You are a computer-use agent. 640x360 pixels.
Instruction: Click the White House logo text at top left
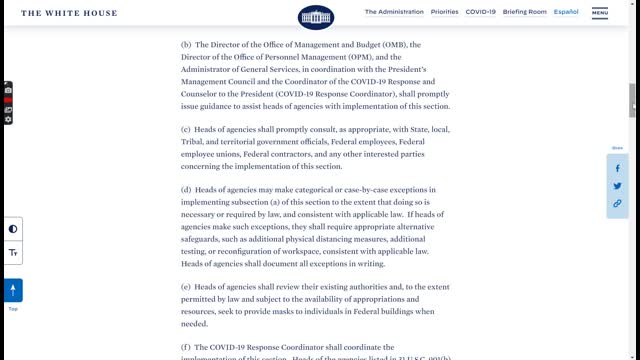click(x=68, y=13)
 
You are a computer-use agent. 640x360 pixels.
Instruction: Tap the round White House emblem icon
click(x=316, y=16)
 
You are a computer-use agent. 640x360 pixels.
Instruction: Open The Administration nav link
click(x=394, y=12)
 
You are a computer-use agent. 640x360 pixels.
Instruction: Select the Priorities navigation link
click(x=444, y=12)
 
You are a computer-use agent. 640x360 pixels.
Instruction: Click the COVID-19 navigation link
click(x=480, y=12)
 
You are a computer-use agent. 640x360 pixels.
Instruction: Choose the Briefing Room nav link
click(x=524, y=12)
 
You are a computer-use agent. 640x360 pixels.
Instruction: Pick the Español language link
click(x=566, y=12)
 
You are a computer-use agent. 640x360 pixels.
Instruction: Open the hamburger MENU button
click(x=600, y=13)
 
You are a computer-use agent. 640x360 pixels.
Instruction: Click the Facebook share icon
click(x=617, y=168)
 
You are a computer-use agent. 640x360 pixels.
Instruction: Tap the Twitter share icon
click(x=617, y=186)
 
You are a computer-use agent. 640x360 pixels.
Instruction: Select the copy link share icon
click(x=617, y=203)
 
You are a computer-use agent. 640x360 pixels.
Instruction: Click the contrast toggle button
click(x=13, y=229)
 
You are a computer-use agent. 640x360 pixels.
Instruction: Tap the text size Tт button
click(x=13, y=253)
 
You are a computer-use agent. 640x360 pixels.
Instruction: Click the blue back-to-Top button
click(x=13, y=290)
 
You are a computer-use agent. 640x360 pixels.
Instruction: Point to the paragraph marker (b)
click(x=186, y=45)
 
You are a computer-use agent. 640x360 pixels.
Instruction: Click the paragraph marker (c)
click(x=186, y=130)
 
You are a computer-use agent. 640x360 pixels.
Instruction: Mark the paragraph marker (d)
click(x=186, y=189)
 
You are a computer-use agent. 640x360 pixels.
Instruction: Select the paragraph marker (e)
click(x=186, y=287)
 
